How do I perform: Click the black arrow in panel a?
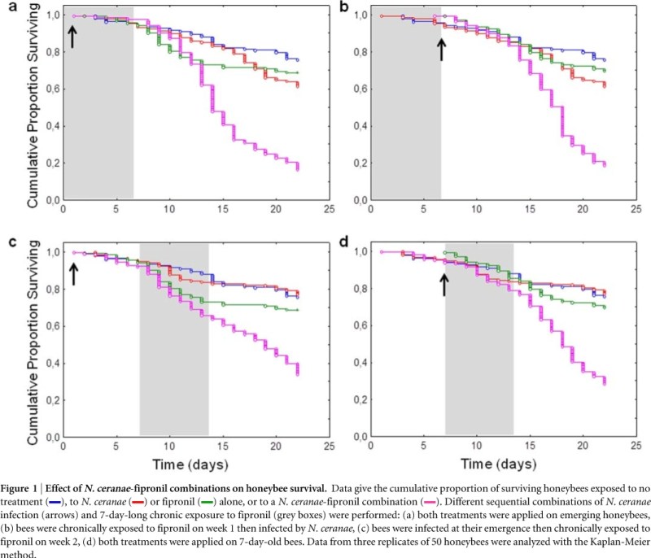pyautogui.click(x=72, y=37)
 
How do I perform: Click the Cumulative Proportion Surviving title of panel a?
pyautogui.click(x=34, y=103)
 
